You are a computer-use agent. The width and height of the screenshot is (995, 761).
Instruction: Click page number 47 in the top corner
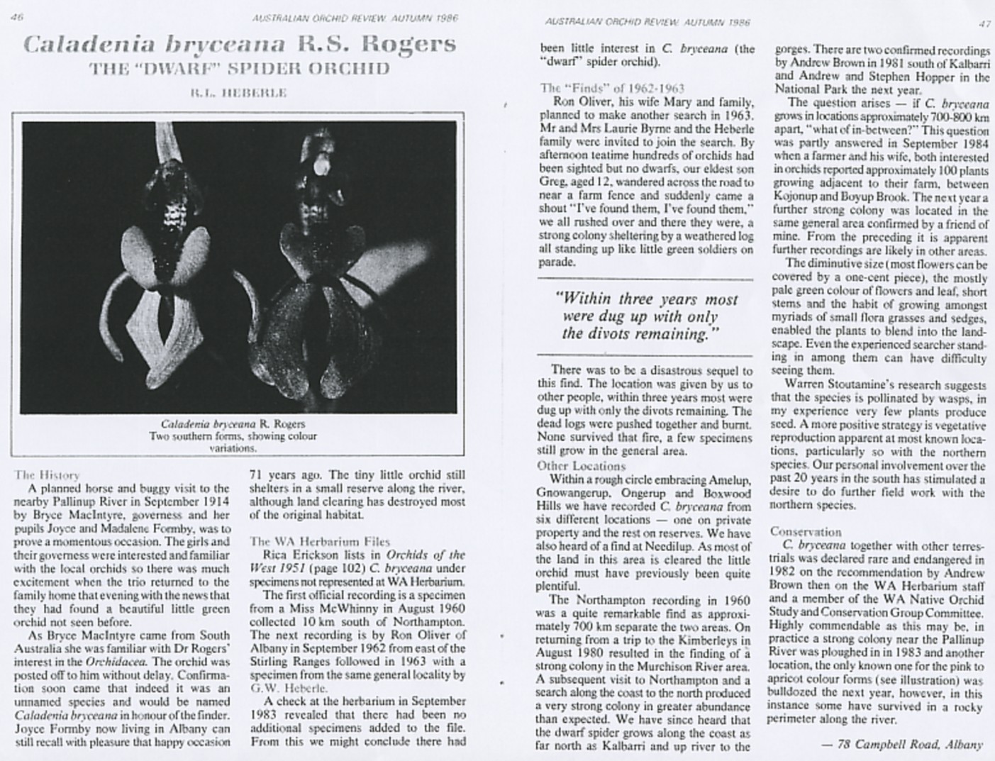tap(984, 23)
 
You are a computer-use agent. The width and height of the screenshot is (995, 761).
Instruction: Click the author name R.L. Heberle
tap(238, 93)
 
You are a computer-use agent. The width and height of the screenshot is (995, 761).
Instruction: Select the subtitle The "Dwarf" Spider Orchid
tap(239, 68)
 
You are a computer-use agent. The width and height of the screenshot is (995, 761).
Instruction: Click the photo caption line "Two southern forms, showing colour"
tap(234, 436)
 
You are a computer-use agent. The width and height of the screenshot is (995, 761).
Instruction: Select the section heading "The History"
tap(47, 474)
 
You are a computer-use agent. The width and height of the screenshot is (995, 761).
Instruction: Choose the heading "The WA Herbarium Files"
tap(311, 540)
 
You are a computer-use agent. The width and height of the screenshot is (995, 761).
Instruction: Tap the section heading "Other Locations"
tap(582, 466)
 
